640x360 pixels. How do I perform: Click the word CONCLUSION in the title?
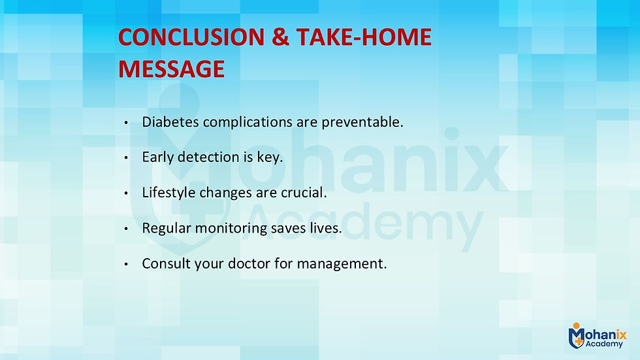click(x=189, y=38)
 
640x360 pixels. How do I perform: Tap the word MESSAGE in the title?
click(x=171, y=69)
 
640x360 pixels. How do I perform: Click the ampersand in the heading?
click(x=280, y=38)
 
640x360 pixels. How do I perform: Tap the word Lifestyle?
click(x=166, y=193)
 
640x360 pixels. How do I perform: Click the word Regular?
click(x=164, y=229)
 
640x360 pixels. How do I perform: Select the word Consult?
click(x=163, y=265)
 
